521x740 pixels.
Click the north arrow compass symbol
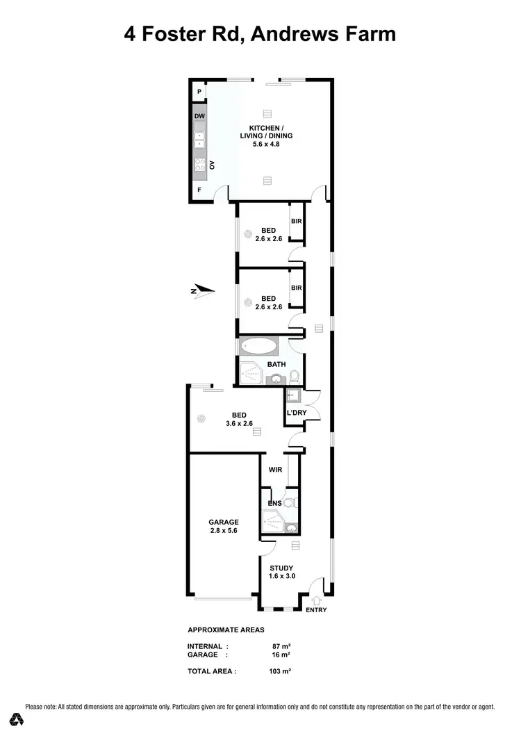tap(203, 291)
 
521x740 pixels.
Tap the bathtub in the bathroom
tap(259, 346)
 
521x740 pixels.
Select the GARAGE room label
tap(224, 522)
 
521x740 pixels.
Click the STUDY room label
tap(282, 568)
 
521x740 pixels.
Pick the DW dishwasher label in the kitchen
tap(199, 115)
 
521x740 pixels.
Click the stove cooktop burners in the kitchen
tap(199, 165)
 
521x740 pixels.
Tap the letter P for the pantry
tap(199, 92)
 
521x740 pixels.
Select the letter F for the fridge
tap(199, 190)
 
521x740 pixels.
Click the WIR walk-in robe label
tap(274, 469)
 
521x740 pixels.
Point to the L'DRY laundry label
tap(297, 414)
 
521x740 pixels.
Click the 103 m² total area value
tap(280, 671)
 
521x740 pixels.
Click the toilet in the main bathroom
tap(294, 376)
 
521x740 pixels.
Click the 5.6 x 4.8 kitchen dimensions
tap(267, 145)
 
